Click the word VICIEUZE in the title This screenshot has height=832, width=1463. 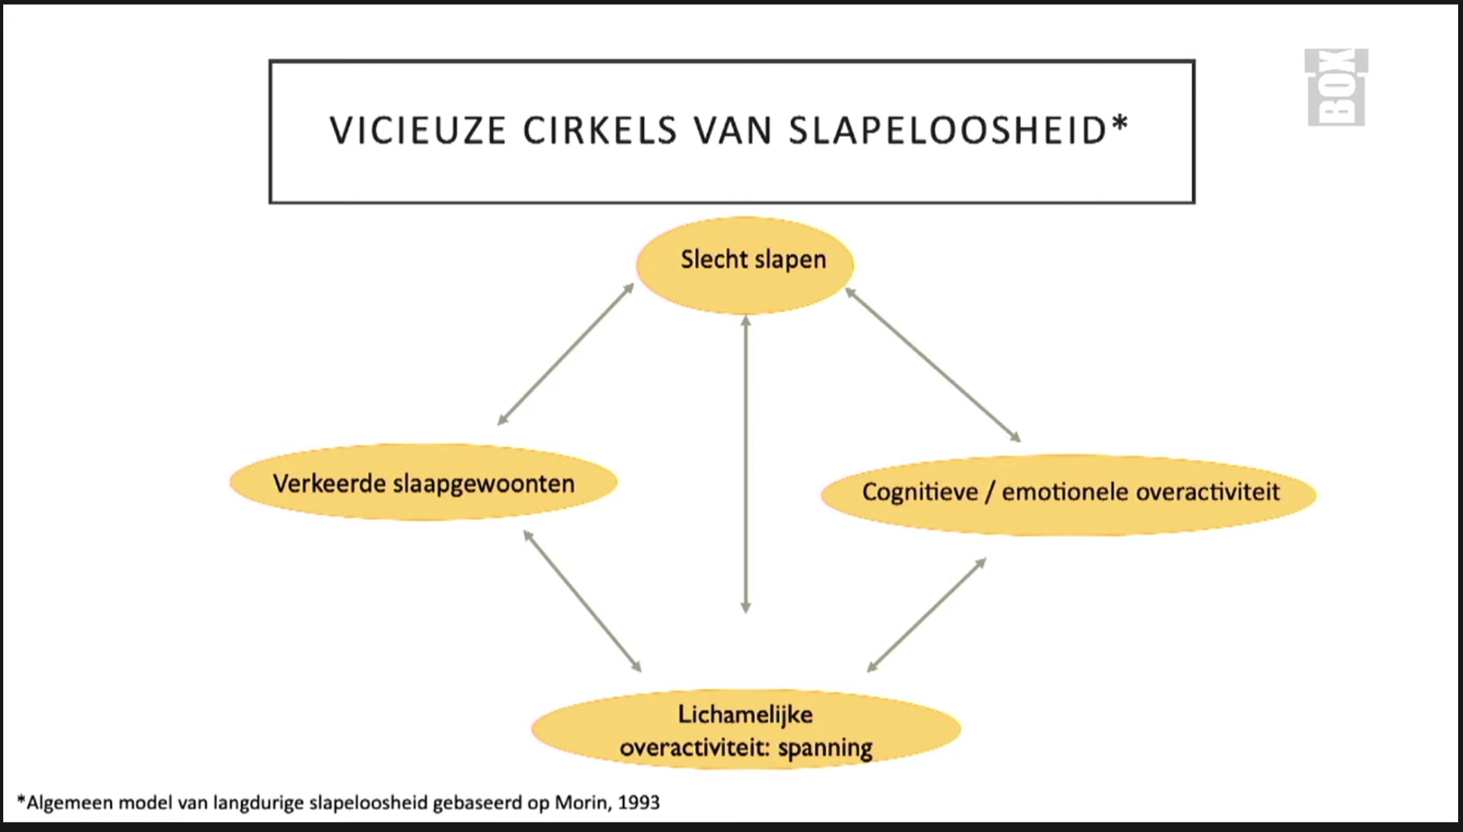(418, 131)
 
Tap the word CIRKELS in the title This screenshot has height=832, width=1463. (600, 131)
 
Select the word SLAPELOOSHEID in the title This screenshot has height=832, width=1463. (947, 131)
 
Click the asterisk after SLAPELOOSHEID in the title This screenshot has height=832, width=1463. (1120, 124)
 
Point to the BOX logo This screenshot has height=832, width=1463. (1336, 87)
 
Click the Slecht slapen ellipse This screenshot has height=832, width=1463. (744, 265)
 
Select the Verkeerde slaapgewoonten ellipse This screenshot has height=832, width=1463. (423, 482)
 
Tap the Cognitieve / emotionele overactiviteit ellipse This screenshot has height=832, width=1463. (1069, 494)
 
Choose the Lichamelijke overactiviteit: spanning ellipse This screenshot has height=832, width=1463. (745, 729)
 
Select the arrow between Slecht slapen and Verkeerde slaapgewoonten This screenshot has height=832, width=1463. (566, 354)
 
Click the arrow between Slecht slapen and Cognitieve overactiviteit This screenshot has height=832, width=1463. (932, 365)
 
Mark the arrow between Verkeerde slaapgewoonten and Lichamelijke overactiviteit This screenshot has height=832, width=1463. (583, 601)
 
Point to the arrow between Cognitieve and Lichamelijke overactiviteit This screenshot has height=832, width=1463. (927, 615)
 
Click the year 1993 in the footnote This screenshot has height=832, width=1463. (638, 803)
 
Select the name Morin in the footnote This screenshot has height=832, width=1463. (580, 803)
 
